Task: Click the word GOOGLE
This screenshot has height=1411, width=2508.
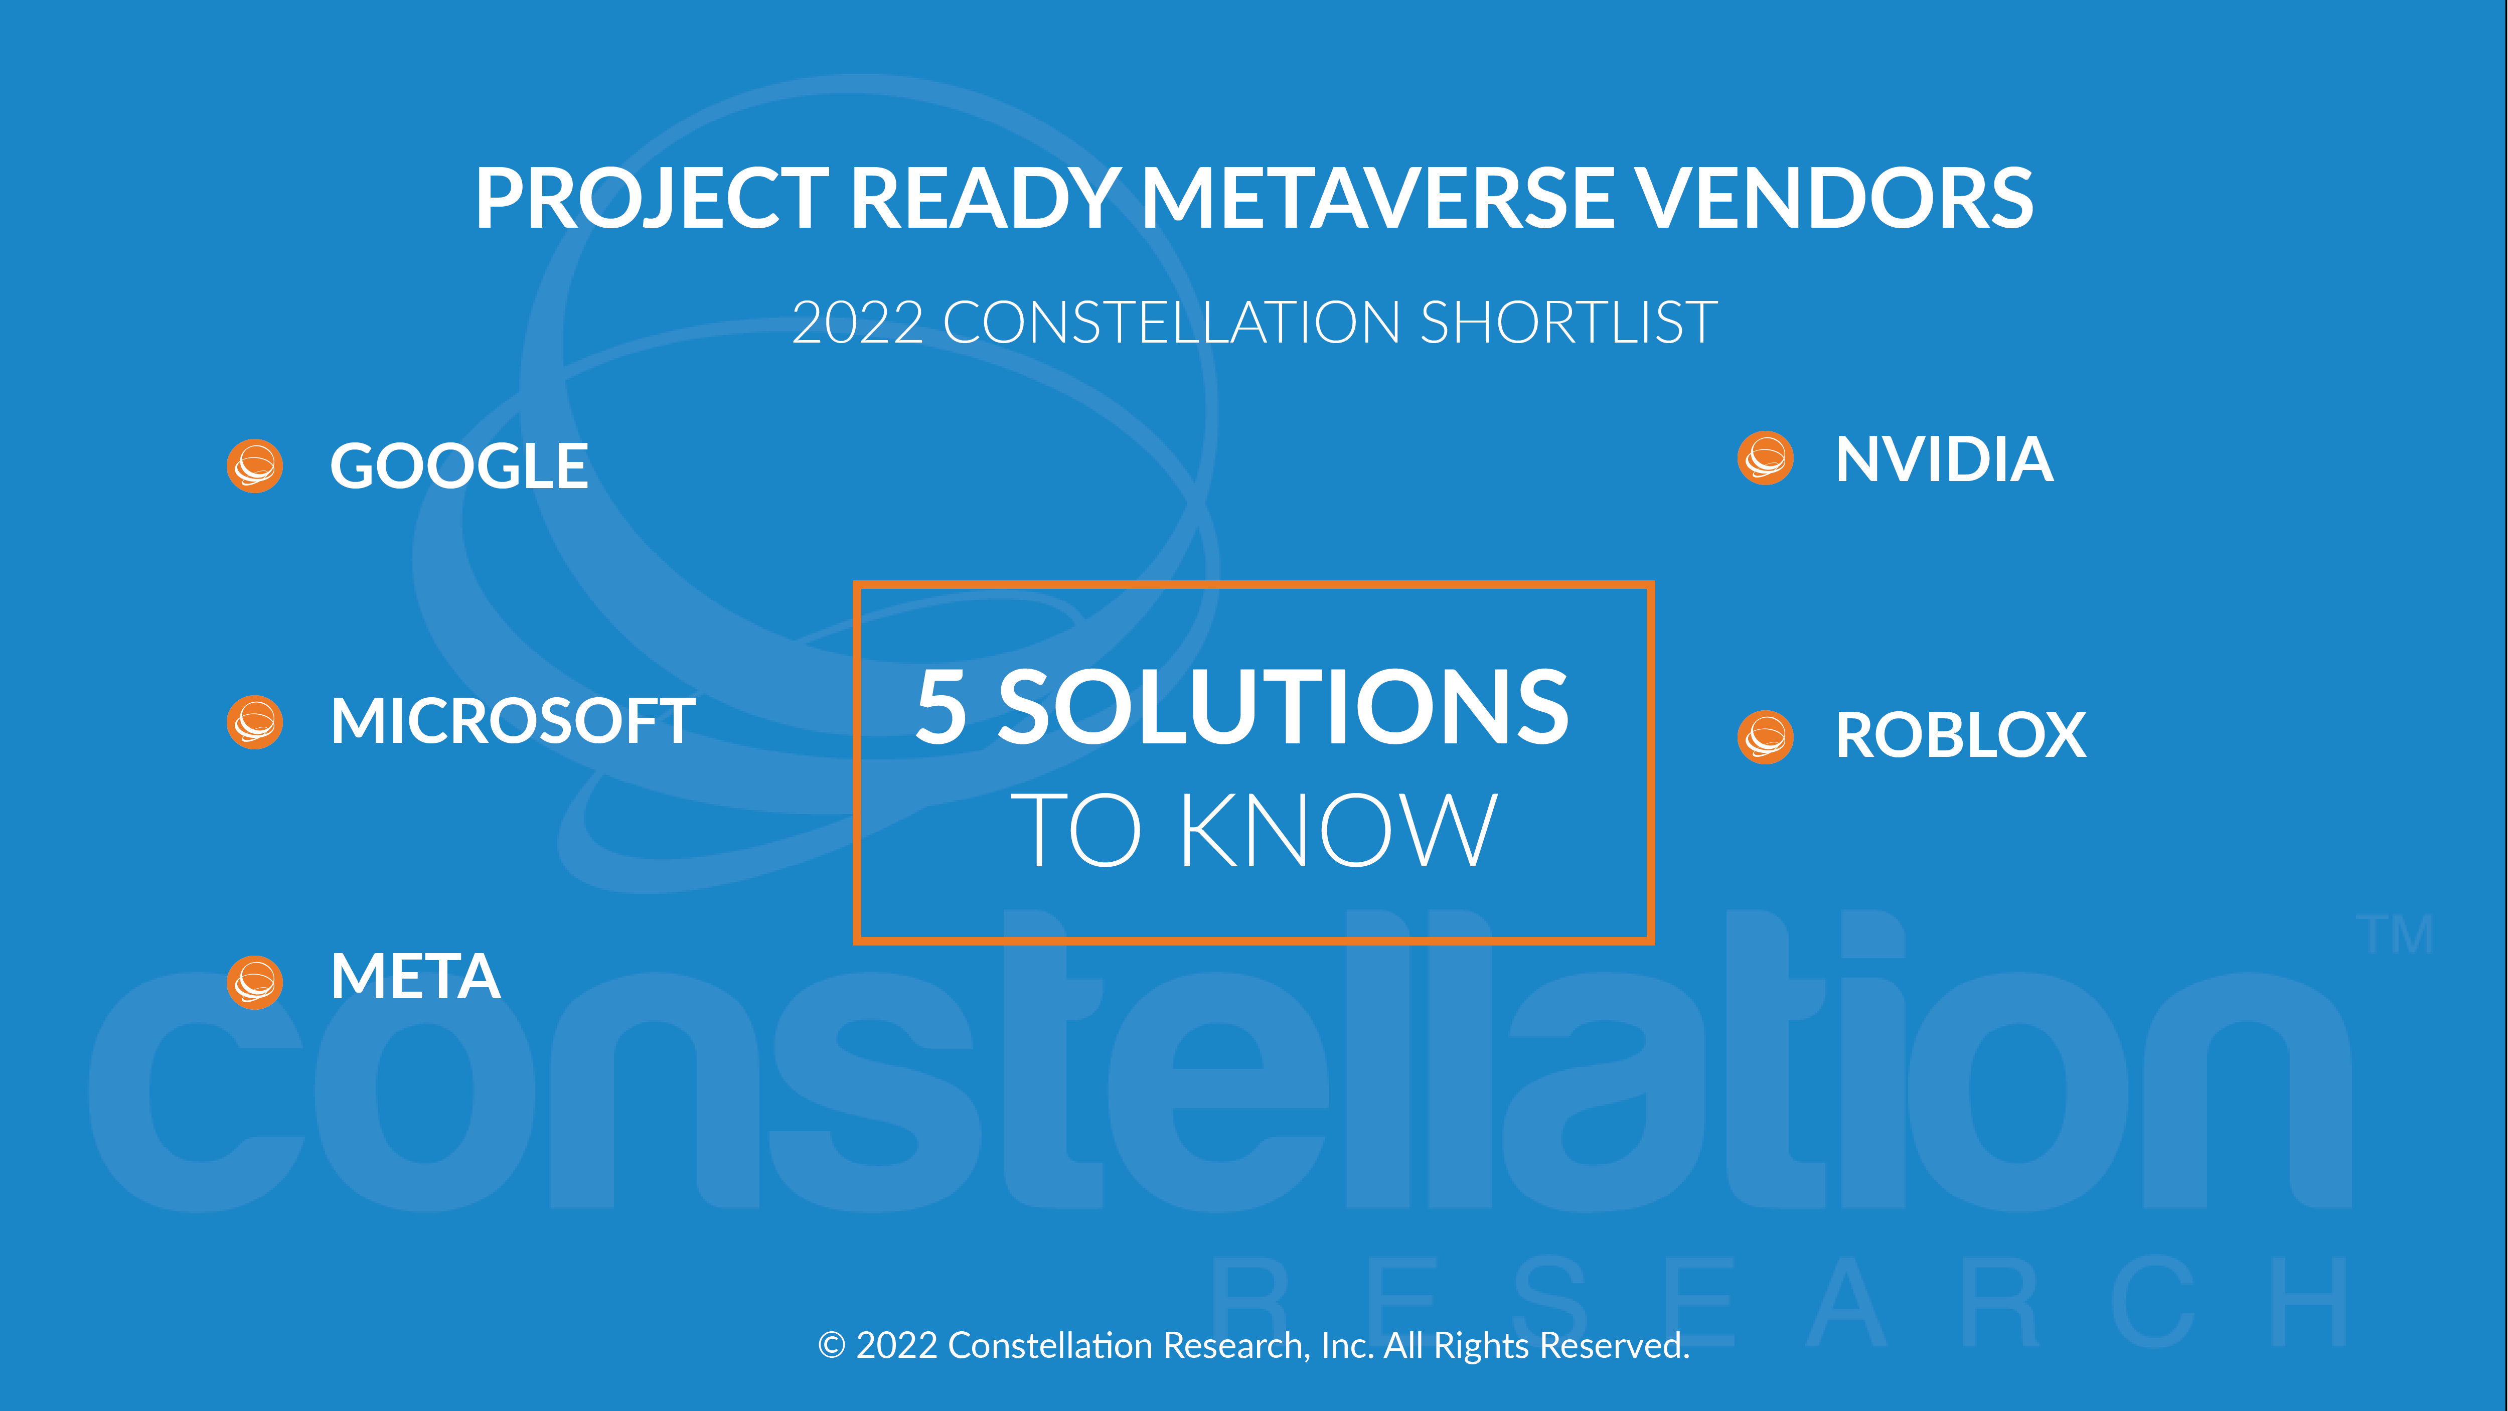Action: (x=458, y=465)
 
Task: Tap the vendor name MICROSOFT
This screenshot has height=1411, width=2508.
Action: (x=513, y=722)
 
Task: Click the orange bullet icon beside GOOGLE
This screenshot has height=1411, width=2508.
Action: (x=255, y=465)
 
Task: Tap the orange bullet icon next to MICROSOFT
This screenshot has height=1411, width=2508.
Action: (x=255, y=722)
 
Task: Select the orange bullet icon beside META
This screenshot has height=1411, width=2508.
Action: (x=255, y=982)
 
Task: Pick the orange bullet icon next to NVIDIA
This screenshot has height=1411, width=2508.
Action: (x=1765, y=457)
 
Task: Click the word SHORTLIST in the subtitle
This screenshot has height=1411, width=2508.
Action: (x=1570, y=323)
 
